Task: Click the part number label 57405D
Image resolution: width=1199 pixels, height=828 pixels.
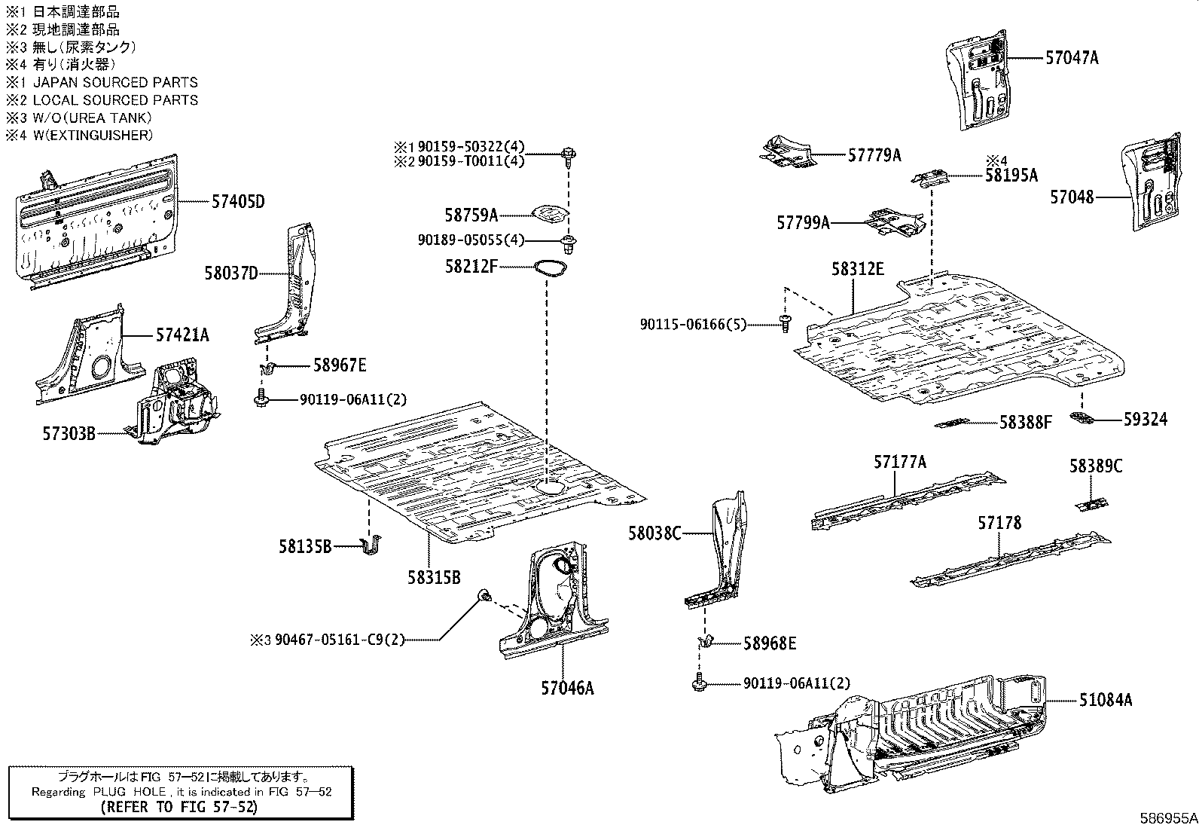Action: point(238,202)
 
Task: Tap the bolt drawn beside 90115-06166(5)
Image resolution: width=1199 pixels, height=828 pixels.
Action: point(786,325)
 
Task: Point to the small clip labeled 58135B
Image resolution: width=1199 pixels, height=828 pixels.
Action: point(371,545)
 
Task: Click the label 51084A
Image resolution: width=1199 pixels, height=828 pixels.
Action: point(1105,700)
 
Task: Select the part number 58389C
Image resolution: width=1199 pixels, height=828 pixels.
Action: point(1095,466)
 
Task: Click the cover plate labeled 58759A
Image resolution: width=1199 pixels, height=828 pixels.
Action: point(549,215)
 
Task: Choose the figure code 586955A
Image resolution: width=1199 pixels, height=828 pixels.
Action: point(1167,817)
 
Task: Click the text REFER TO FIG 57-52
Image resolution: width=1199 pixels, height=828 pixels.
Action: point(179,807)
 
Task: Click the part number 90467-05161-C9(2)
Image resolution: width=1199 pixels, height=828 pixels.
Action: point(339,640)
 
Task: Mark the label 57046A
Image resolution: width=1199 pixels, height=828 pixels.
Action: point(566,688)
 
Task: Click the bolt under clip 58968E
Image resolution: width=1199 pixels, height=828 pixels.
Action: point(698,684)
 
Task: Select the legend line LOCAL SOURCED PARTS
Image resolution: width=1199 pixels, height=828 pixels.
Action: point(114,100)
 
